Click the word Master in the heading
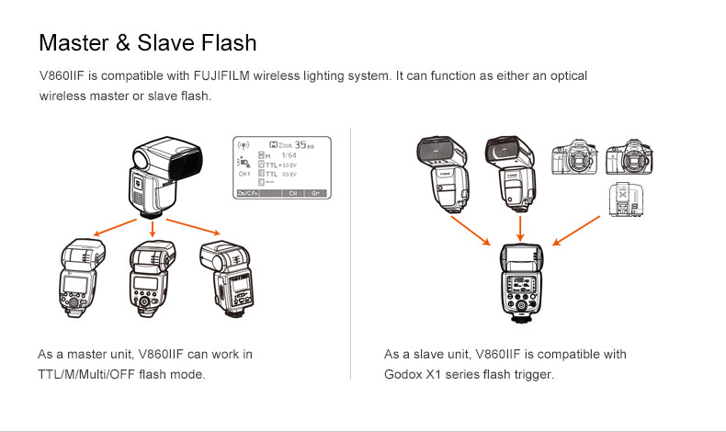click(x=75, y=42)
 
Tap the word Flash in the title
click(x=224, y=42)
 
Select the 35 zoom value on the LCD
click(x=304, y=144)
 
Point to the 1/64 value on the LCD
click(x=289, y=154)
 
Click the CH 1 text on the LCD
click(x=244, y=173)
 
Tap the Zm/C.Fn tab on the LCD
click(x=249, y=194)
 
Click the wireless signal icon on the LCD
click(x=244, y=145)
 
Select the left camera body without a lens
click(x=571, y=158)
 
